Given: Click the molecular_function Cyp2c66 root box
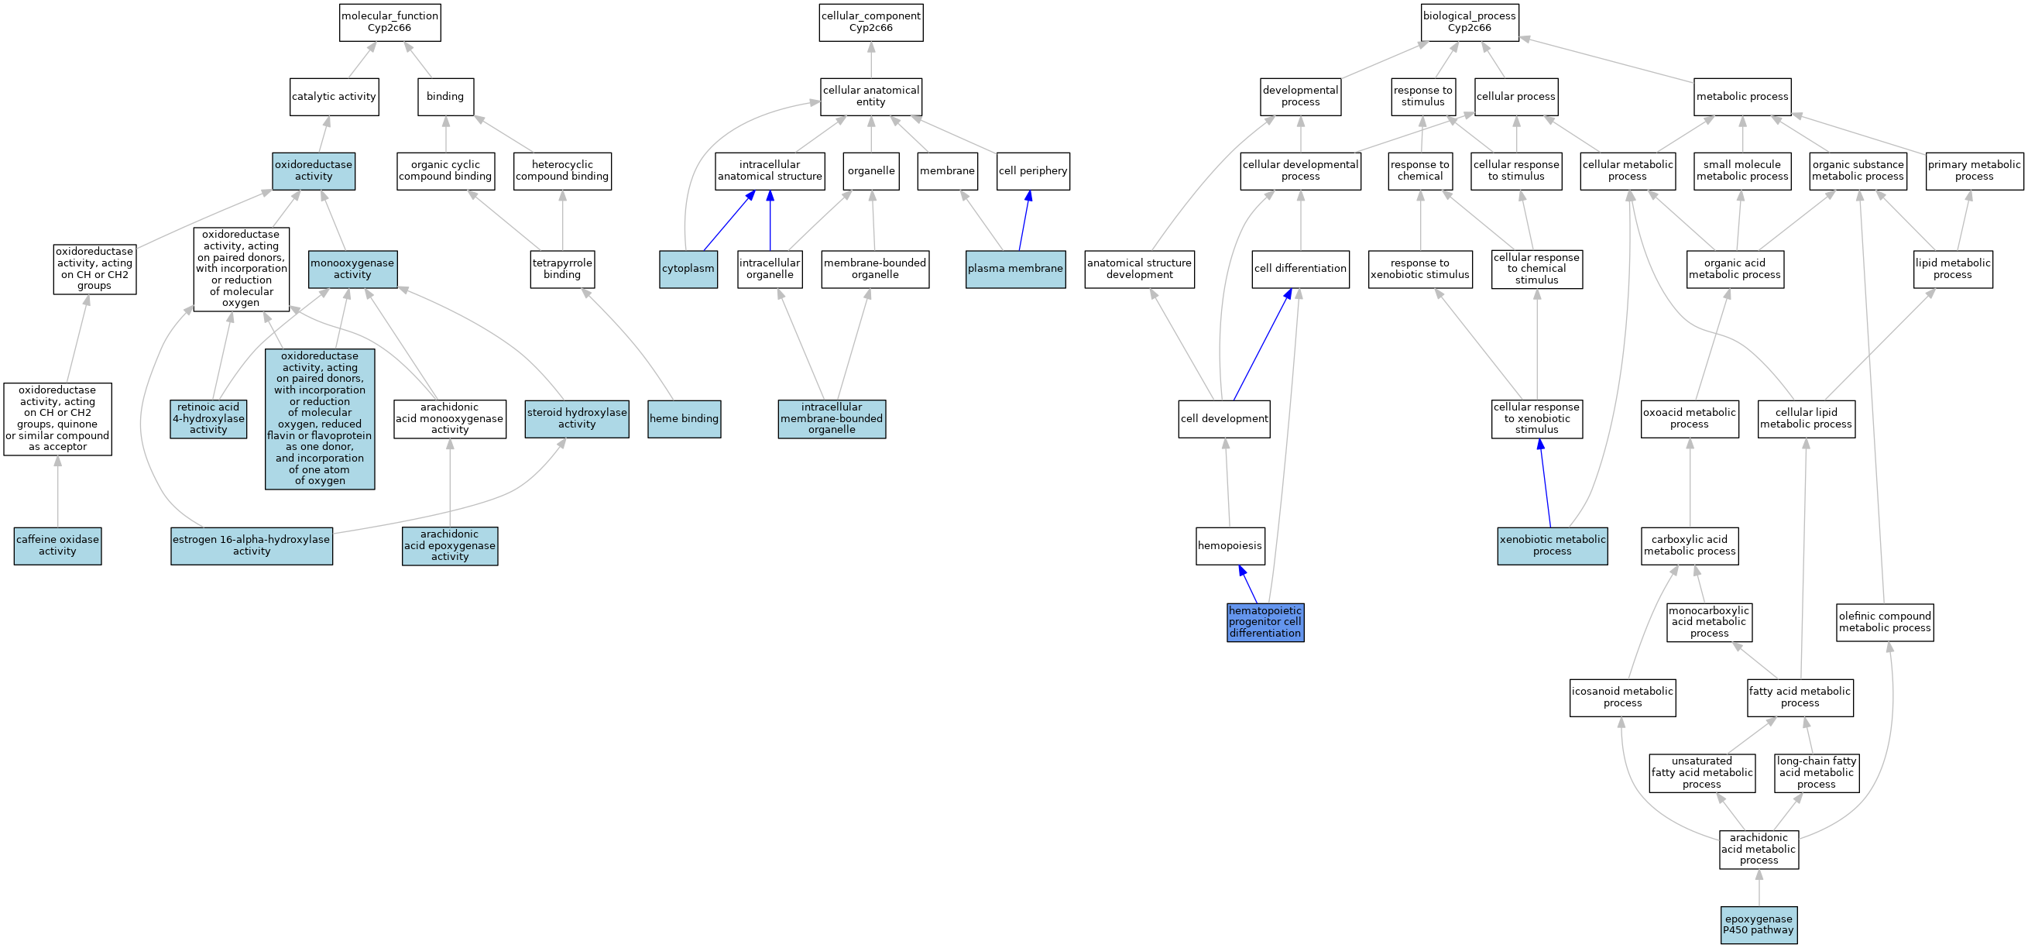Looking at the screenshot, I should [389, 22].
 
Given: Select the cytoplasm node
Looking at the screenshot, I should [688, 269].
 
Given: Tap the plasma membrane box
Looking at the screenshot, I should [1015, 269].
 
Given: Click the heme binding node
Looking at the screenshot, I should [685, 419].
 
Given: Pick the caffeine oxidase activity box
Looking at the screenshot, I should [57, 546].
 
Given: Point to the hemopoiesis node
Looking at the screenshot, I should [1230, 546].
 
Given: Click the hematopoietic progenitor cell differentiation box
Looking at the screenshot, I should [1265, 622].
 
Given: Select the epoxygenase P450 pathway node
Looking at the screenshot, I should [1759, 925].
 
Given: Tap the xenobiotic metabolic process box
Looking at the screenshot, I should [1552, 546].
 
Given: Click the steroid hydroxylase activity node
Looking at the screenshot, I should [577, 419].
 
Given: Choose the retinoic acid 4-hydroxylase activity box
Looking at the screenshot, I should [208, 419].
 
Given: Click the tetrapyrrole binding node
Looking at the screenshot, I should [562, 269].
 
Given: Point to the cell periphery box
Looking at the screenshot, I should [1033, 171].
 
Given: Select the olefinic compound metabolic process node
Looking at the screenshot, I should [1885, 622].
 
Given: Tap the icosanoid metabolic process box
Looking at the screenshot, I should [1622, 698].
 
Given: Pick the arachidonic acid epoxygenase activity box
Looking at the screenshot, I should [450, 546].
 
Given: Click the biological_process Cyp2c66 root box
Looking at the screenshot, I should [1469, 22].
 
